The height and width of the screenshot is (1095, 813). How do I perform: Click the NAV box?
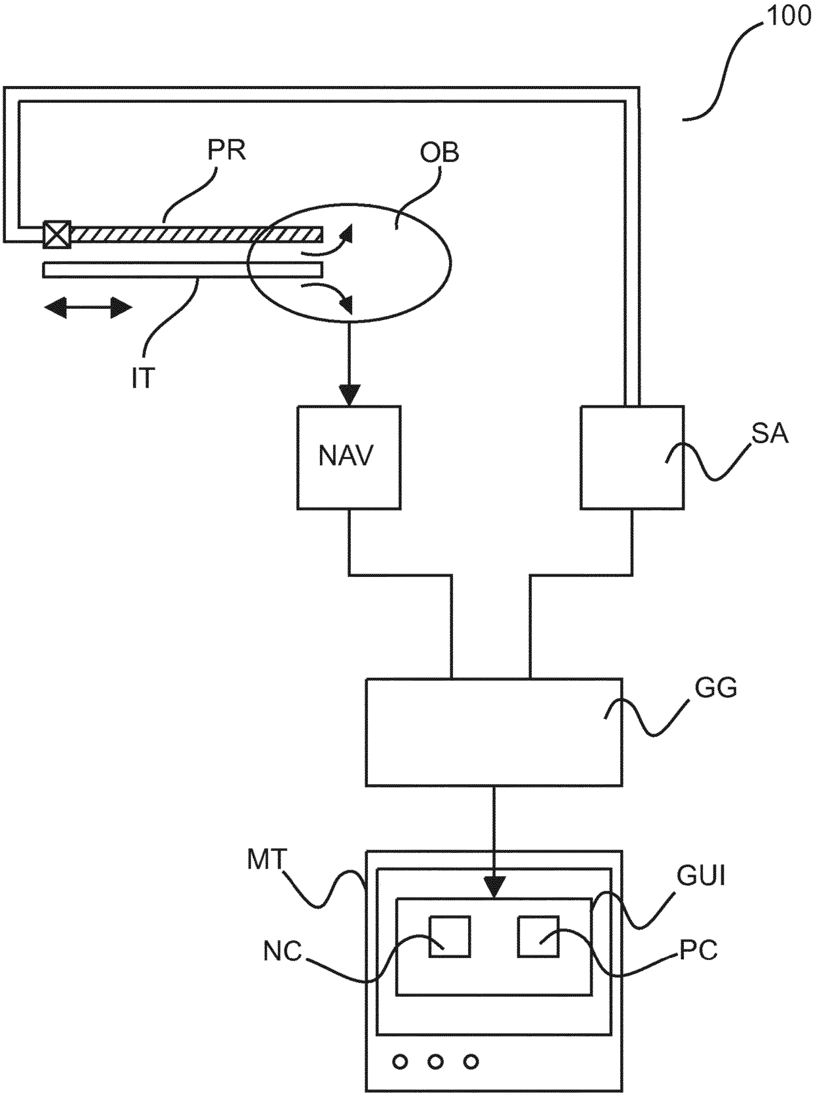pos(349,457)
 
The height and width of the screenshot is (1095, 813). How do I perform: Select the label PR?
pos(227,150)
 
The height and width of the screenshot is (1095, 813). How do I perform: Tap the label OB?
pos(439,153)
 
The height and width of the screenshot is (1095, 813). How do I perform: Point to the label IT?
pos(144,378)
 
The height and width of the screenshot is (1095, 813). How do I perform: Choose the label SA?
pos(770,434)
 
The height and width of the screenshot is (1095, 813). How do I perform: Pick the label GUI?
pos(701,876)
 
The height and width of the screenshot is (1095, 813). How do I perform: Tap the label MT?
pos(267,860)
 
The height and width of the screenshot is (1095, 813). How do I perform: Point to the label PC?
pos(698,949)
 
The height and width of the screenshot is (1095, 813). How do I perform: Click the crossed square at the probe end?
pos(57,234)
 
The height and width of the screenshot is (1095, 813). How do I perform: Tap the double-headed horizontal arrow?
pos(89,308)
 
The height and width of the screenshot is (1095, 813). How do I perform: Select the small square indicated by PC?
pos(538,936)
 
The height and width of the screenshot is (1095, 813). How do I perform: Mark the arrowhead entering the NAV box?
pos(349,395)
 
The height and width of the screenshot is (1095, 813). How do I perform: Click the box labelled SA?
pos(632,457)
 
